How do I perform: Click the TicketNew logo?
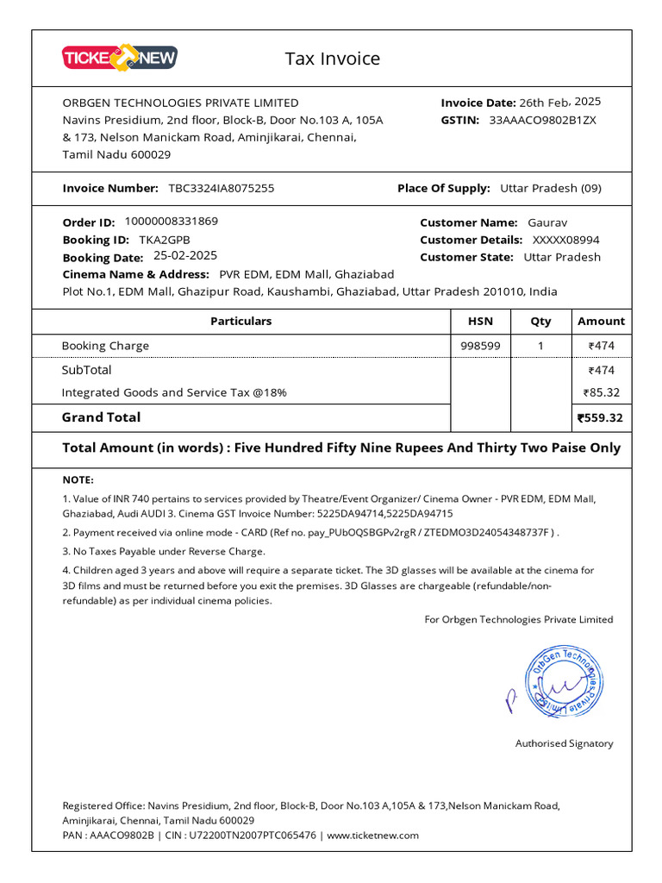pos(120,58)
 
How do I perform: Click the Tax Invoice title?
pos(332,59)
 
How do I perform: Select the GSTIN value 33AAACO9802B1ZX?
pos(542,120)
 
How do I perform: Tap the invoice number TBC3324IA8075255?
pos(221,188)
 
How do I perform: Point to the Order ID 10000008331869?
pos(172,221)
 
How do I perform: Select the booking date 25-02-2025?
pos(185,255)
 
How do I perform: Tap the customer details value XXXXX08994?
pos(565,240)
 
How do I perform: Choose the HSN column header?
pos(480,321)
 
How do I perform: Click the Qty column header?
pos(540,321)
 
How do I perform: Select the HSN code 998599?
pos(480,346)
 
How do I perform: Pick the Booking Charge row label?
pos(105,346)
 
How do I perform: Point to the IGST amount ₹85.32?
pos(602,392)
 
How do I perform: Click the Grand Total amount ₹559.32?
pos(600,418)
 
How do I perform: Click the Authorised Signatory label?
pos(564,743)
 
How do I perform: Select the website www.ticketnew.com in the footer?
pos(372,835)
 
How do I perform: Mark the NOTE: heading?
pos(78,479)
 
